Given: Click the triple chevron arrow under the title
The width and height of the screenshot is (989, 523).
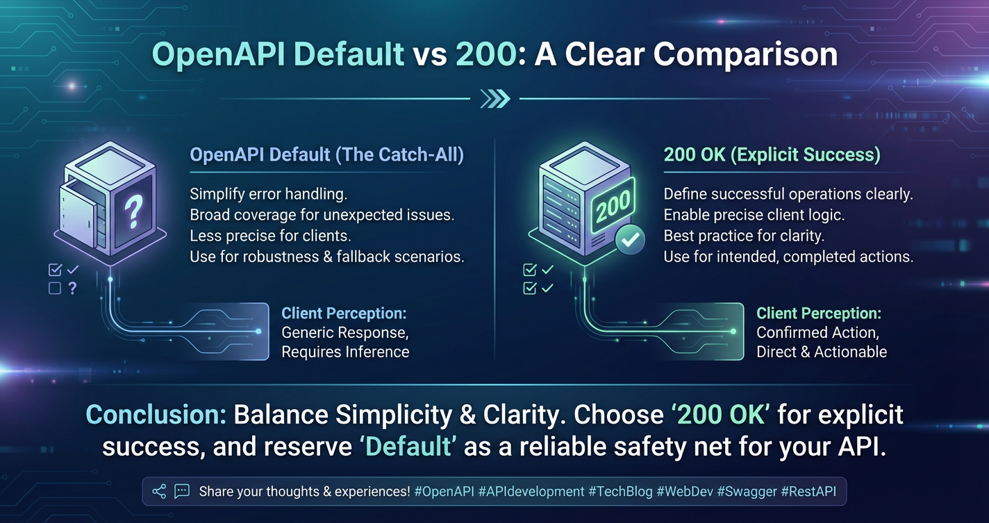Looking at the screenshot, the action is click(x=495, y=99).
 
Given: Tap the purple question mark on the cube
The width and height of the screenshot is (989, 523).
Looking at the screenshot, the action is click(x=133, y=211).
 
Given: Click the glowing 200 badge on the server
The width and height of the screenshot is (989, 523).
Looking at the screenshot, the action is click(x=613, y=206).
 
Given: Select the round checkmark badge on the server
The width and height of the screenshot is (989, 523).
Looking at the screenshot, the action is click(x=630, y=239).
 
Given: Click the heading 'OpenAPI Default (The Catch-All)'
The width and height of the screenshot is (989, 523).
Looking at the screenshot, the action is click(x=326, y=154).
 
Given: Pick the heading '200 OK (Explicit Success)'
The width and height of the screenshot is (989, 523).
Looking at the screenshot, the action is click(x=772, y=154).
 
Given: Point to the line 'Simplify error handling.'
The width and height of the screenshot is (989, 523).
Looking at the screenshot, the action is click(x=269, y=194).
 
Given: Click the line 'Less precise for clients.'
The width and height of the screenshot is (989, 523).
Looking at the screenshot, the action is click(x=270, y=236).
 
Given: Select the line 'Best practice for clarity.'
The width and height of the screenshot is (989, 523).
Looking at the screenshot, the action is click(x=744, y=236).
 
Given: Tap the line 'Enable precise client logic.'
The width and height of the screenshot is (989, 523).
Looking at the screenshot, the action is click(x=754, y=215).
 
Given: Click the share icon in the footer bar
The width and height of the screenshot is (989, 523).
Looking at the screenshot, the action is click(x=159, y=491).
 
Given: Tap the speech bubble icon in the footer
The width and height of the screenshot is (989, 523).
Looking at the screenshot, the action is click(x=182, y=491).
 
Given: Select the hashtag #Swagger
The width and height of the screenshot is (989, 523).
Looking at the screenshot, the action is click(x=747, y=492).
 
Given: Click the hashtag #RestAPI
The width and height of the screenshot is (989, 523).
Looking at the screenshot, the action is click(x=808, y=492).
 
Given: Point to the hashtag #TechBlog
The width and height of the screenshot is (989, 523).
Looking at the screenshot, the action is click(x=620, y=492).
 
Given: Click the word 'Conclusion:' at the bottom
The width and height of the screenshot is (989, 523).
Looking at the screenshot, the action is click(x=156, y=415).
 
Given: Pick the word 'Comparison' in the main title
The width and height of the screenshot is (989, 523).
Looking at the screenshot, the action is click(x=745, y=55).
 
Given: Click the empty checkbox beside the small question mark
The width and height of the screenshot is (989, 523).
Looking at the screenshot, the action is click(x=55, y=288).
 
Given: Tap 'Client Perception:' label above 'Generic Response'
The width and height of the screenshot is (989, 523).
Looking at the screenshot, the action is click(x=344, y=314).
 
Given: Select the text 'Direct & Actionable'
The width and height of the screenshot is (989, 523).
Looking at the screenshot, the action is click(x=822, y=352).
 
